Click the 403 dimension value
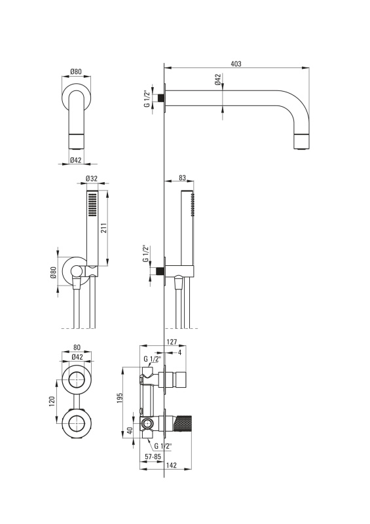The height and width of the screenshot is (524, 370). [x=236, y=64]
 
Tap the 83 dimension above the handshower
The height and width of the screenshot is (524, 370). [x=182, y=178]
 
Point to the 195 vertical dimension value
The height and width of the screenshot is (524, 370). [x=120, y=398]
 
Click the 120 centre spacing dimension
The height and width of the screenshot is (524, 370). [x=52, y=402]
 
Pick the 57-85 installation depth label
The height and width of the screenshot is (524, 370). [x=153, y=456]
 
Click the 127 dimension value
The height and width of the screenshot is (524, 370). [x=172, y=342]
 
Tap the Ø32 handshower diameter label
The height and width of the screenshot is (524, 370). [x=91, y=178]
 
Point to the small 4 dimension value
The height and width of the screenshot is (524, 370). [x=179, y=352]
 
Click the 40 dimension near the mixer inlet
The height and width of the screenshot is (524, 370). [x=131, y=430]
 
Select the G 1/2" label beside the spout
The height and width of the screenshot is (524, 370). [x=147, y=99]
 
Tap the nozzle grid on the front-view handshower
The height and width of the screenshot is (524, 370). [x=92, y=204]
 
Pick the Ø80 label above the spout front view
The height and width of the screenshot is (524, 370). [x=76, y=71]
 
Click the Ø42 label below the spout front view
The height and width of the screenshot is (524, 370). [x=76, y=160]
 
